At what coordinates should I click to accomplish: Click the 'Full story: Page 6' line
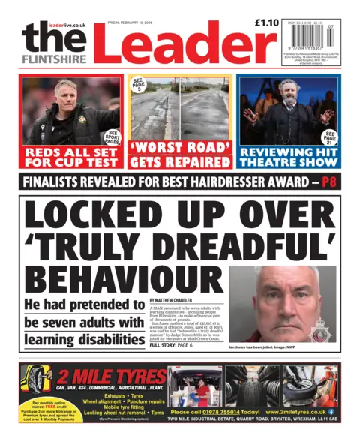coord(172,344)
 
